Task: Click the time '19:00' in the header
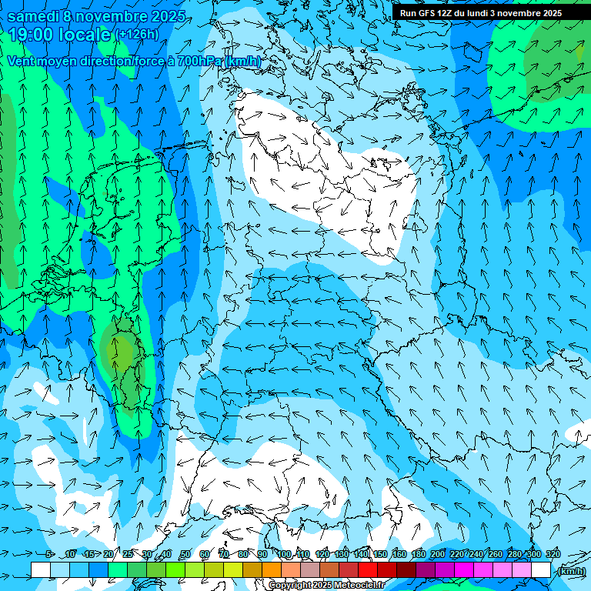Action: [34, 35]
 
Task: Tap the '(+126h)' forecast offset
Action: [137, 35]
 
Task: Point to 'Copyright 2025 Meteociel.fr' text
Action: [326, 586]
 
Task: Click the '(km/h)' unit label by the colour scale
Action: [570, 571]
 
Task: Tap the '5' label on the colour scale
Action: [49, 554]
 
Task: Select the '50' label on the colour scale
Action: [185, 554]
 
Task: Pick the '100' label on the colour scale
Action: [283, 554]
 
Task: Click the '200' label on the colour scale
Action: [437, 554]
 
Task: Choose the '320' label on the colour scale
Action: [553, 554]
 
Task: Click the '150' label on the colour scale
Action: [380, 554]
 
